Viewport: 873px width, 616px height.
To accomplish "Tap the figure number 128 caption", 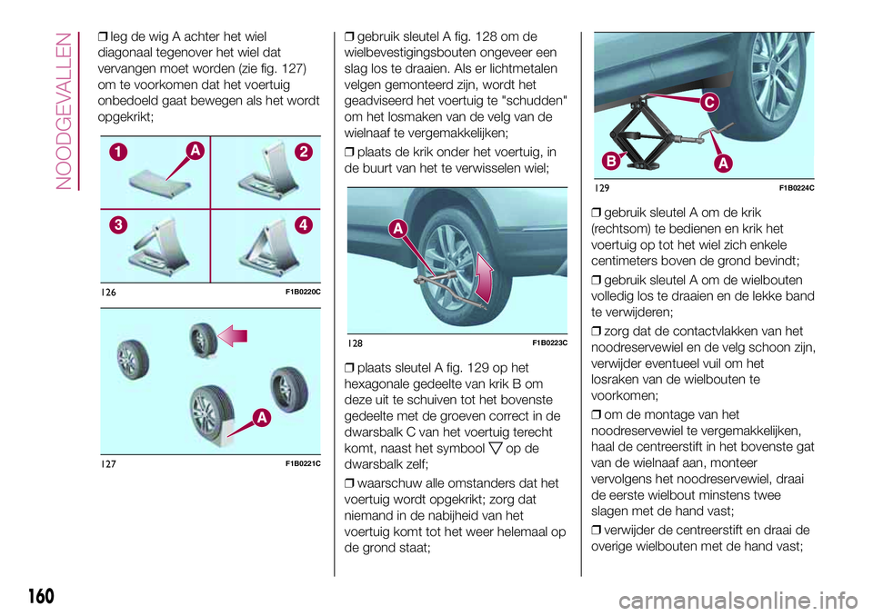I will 355,342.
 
